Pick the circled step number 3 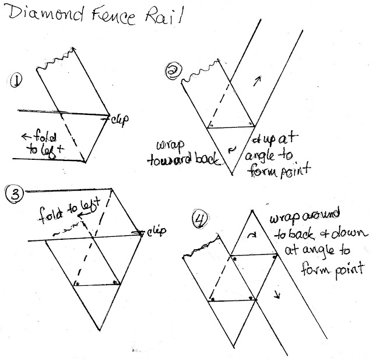[x=12, y=192]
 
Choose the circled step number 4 [x=199, y=221]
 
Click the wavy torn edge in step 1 [x=56, y=60]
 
